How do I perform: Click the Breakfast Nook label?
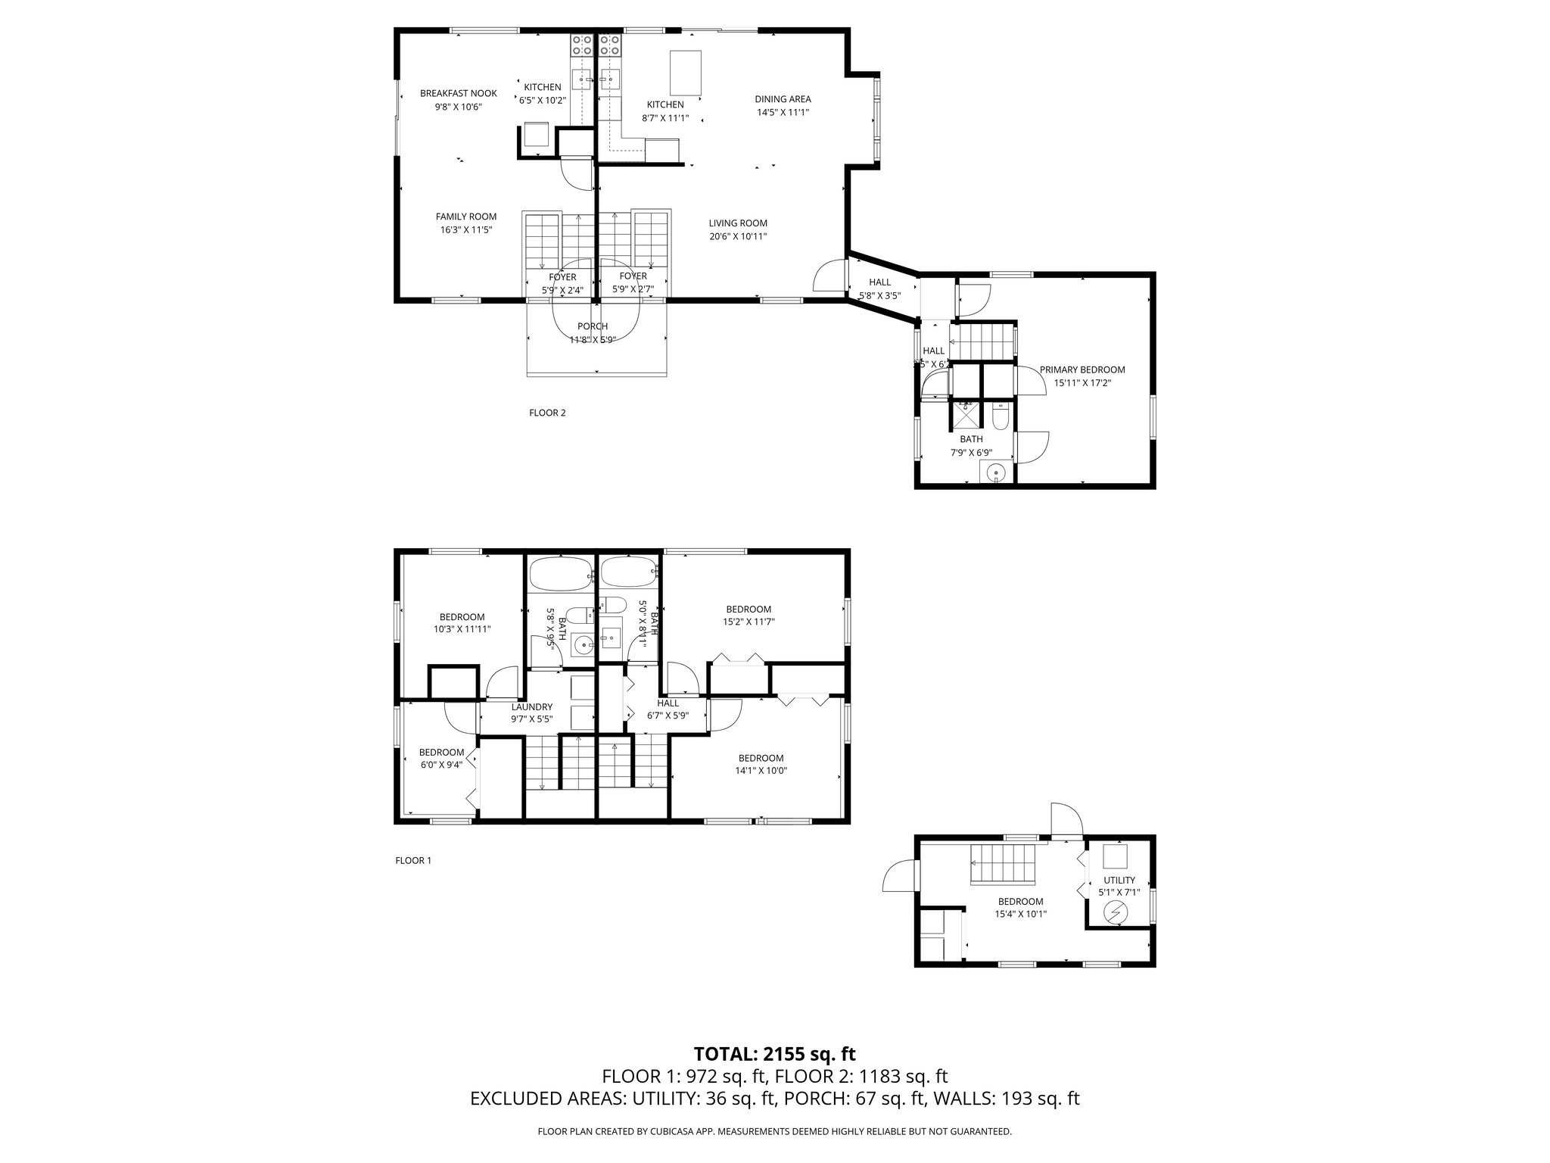[458, 94]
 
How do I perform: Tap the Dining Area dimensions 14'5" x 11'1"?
[783, 113]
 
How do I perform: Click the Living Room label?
[738, 223]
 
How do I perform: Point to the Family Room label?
[465, 217]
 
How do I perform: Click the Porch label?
[592, 327]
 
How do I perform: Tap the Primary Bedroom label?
[1082, 370]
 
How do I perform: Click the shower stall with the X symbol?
[965, 416]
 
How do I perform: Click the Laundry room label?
[531, 707]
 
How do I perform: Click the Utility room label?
[1119, 880]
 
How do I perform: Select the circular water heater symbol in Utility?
[1116, 914]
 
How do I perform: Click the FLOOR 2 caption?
[547, 413]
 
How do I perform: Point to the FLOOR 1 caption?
[413, 860]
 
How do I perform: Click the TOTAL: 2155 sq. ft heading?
[774, 1053]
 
